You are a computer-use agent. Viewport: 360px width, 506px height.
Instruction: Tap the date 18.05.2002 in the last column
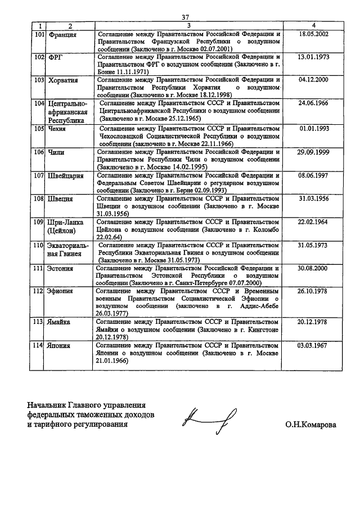[x=314, y=34]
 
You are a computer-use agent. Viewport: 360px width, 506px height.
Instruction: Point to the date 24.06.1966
[x=314, y=103]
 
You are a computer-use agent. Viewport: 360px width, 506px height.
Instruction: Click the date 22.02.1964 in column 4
[x=314, y=222]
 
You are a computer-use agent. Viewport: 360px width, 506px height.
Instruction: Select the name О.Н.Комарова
[x=310, y=426]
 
